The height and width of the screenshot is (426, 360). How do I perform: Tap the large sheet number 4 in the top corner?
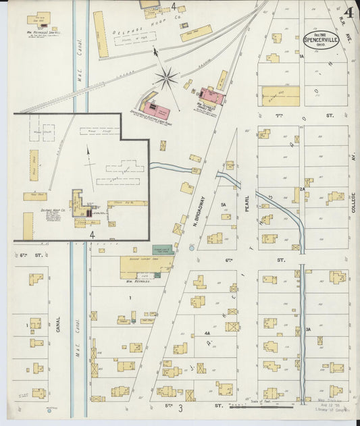coord(348,14)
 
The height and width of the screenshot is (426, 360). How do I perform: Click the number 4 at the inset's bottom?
coord(92,234)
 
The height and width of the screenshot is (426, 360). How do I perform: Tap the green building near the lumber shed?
coord(163,249)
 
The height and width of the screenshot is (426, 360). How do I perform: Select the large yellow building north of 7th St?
coord(280,96)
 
